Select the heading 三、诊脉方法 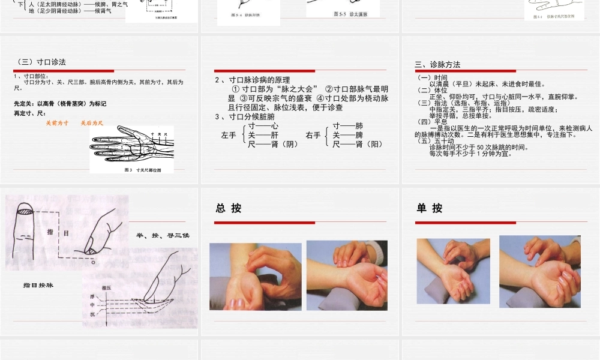[x=439, y=65]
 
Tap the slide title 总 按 [x=229, y=208]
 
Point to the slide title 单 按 [x=430, y=208]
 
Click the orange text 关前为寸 [x=57, y=122]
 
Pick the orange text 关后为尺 [x=92, y=122]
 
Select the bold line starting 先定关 [x=59, y=104]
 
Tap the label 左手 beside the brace [x=229, y=136]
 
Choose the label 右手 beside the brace [x=313, y=136]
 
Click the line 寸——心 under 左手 [x=263, y=127]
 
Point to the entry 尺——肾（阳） [x=358, y=144]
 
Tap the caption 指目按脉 [x=38, y=285]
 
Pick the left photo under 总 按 [x=255, y=276]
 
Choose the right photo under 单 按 [x=539, y=271]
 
